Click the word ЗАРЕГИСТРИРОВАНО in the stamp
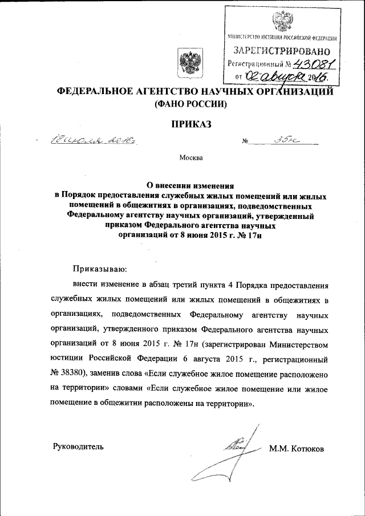281,52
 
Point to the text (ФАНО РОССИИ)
187,104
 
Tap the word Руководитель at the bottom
78,446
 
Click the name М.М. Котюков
296,449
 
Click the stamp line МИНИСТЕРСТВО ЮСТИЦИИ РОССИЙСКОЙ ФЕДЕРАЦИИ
281,38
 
